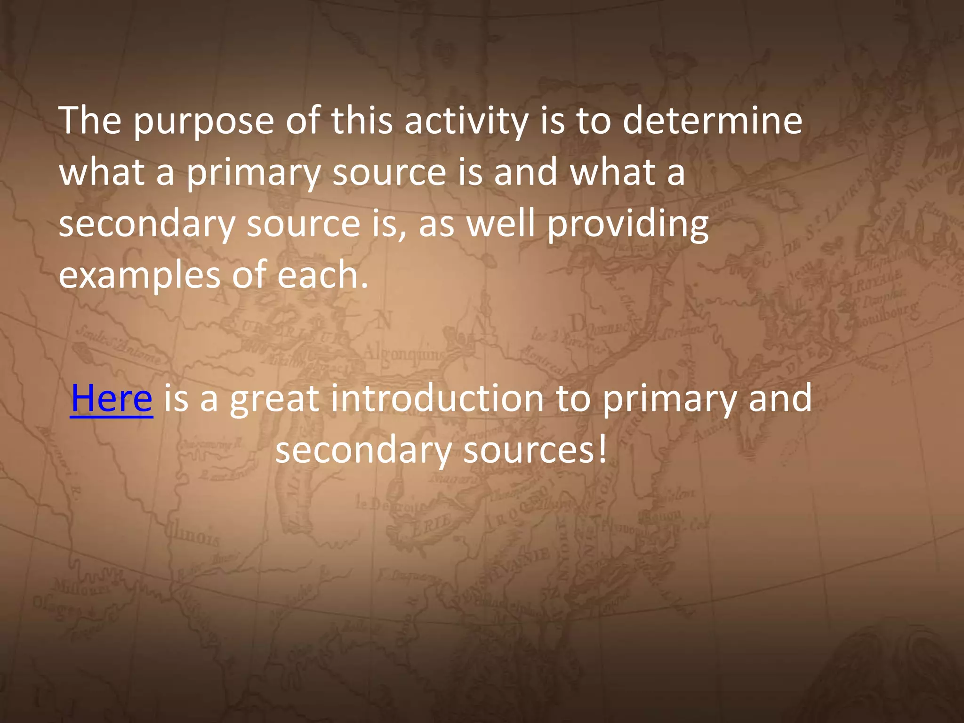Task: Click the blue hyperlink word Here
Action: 112,399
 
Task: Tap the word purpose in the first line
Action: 203,121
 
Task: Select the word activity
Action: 466,121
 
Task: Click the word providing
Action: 627,225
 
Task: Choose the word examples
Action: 139,276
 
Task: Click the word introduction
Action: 437,399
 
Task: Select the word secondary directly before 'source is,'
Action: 146,225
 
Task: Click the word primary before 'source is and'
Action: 253,173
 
